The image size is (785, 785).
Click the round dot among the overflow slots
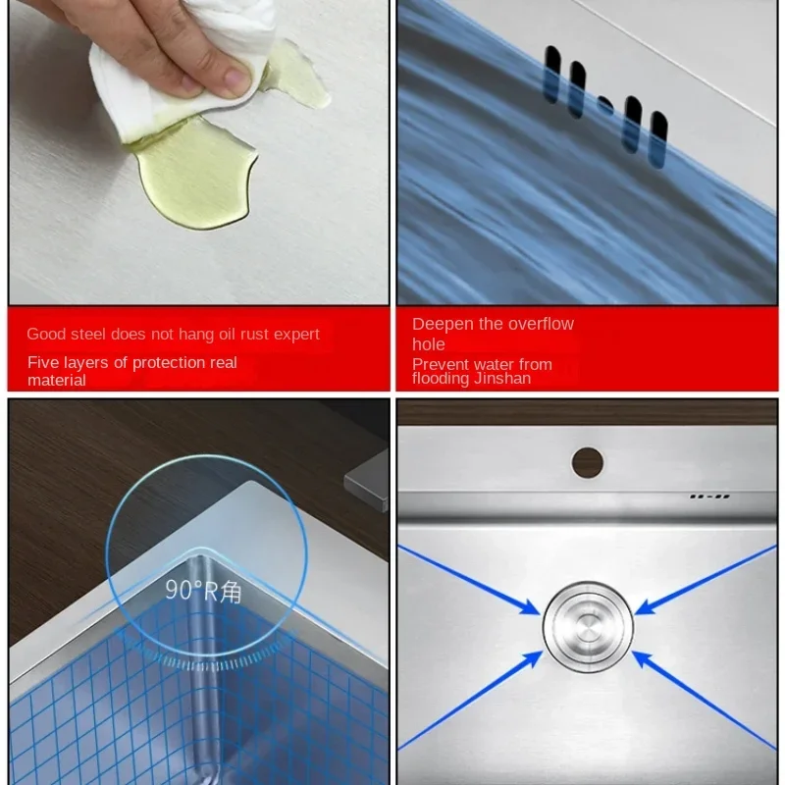tap(605, 105)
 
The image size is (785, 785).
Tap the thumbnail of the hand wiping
tap(199, 152)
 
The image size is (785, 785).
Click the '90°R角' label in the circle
tap(203, 591)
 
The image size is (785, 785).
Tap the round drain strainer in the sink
tap(588, 626)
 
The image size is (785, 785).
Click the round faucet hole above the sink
tap(587, 462)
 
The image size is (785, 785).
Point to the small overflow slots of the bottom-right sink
tap(709, 497)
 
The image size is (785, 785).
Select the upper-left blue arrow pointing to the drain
tap(469, 580)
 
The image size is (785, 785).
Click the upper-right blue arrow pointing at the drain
tap(706, 580)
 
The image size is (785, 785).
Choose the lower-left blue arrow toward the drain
tap(470, 701)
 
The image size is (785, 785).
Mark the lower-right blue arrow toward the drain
tap(704, 701)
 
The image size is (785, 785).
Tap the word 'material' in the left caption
tap(57, 381)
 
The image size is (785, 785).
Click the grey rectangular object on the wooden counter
tap(367, 481)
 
